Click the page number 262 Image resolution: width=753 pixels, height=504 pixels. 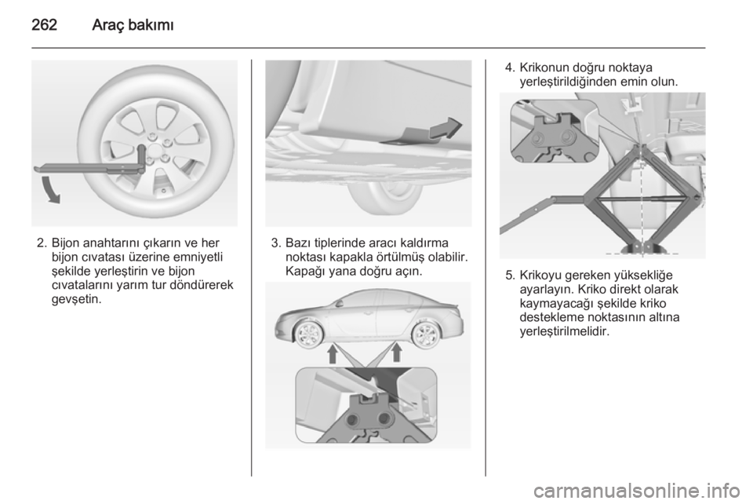(45, 24)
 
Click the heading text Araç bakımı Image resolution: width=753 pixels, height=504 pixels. (133, 25)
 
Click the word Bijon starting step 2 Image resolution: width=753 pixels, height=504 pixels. (66, 243)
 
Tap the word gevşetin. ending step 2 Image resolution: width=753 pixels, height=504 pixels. (77, 299)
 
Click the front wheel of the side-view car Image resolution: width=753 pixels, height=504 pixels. (307, 333)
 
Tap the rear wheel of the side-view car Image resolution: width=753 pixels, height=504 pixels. (424, 334)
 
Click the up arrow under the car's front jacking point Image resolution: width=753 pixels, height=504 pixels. (333, 354)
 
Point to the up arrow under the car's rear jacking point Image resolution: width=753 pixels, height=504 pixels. (396, 352)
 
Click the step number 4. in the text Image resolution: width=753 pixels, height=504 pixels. (510, 68)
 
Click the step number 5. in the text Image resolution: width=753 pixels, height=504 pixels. (510, 276)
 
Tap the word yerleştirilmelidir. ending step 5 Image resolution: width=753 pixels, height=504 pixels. (565, 332)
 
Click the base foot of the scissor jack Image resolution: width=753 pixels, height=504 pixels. (642, 247)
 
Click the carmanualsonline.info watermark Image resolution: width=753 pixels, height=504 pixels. (636, 491)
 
